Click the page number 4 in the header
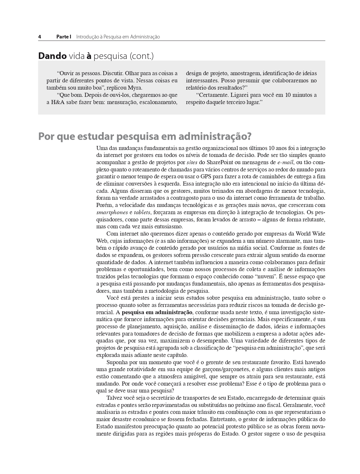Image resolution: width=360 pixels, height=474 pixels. coord(40,37)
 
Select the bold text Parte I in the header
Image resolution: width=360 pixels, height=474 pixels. coord(64,37)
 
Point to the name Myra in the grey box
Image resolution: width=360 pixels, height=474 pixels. coord(135,88)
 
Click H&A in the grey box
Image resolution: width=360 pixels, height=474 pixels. coord(58,102)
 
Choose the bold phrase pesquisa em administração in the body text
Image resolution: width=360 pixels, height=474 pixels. coord(157,312)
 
